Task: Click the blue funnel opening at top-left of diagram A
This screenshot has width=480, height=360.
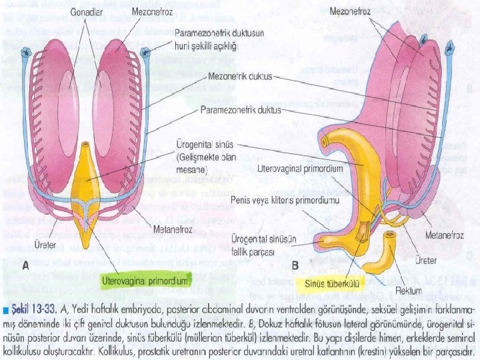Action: click(x=27, y=52)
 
